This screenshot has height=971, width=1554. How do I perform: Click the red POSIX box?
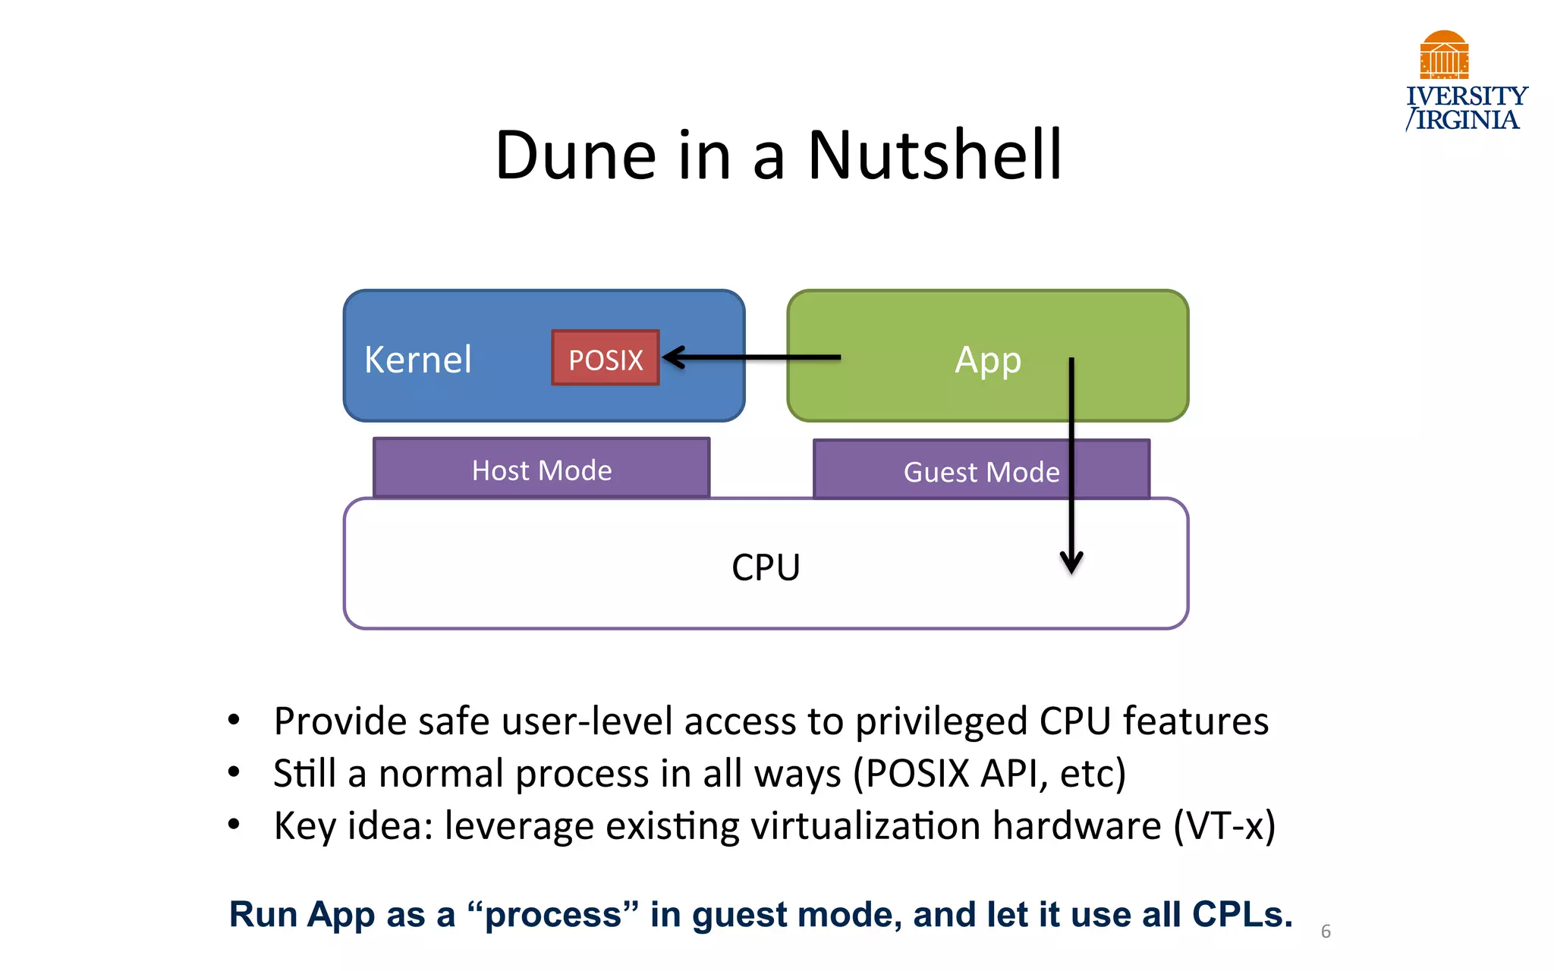coord(606,358)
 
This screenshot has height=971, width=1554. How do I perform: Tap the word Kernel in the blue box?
coord(418,360)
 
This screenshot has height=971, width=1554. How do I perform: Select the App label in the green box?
coord(987,360)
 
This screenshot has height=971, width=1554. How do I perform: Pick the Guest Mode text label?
coord(981,472)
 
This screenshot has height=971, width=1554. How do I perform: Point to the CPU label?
coord(766,567)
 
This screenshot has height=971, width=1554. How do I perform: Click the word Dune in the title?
coord(575,156)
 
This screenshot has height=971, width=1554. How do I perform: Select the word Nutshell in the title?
coord(935,156)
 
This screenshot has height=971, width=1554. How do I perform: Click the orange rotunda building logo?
coord(1444,55)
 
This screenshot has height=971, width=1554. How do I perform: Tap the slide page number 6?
coord(1326,932)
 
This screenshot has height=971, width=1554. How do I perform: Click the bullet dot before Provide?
coord(234,719)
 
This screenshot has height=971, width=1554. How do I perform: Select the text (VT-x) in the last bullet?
coord(1225,825)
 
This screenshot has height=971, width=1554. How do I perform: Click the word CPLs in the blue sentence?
coord(1241,914)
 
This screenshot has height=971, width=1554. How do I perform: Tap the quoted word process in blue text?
coord(553,915)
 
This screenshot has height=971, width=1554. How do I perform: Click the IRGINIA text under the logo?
coord(1467,120)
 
